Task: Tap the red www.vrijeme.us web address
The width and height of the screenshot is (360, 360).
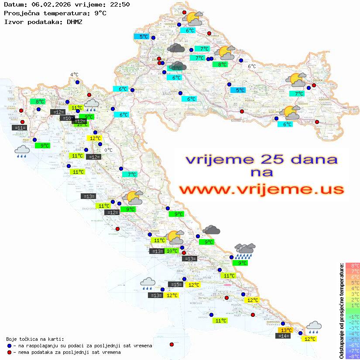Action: pyautogui.click(x=261, y=189)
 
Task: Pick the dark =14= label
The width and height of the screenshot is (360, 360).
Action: pyautogui.click(x=283, y=336)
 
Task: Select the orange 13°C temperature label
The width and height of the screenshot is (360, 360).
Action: pyautogui.click(x=286, y=330)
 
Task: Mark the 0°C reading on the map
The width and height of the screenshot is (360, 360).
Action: pyautogui.click(x=108, y=150)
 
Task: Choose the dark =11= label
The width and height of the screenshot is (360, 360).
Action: pyautogui.click(x=20, y=128)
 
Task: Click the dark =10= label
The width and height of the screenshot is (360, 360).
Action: pyautogui.click(x=68, y=118)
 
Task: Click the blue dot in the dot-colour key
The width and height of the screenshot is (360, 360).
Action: pyautogui.click(x=9, y=346)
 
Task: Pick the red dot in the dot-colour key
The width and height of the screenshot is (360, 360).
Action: pyautogui.click(x=9, y=352)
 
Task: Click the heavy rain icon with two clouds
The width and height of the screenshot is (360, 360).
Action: pyautogui.click(x=245, y=250)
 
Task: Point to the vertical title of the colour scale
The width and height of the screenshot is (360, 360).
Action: pyautogui.click(x=341, y=310)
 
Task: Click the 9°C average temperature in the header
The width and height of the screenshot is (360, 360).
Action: pyautogui.click(x=99, y=13)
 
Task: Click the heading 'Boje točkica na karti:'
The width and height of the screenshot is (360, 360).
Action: pyautogui.click(x=35, y=339)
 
